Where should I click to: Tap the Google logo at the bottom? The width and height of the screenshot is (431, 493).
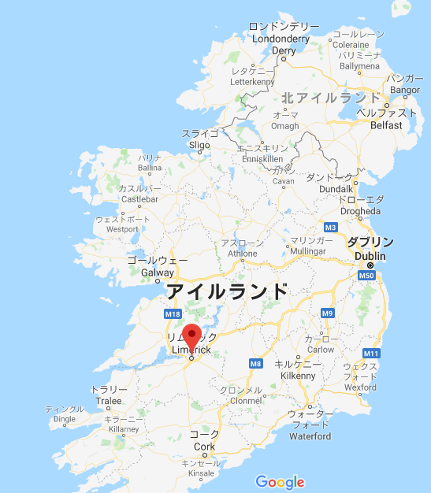(x=280, y=482)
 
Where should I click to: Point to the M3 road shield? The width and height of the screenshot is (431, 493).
(x=331, y=228)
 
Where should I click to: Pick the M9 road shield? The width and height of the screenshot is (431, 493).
(x=328, y=313)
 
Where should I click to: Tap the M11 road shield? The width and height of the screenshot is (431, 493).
(x=372, y=354)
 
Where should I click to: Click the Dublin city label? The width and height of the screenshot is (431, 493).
(x=370, y=255)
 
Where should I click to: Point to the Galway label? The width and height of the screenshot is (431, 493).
(x=157, y=272)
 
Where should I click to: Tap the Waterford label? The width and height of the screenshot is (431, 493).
(x=309, y=436)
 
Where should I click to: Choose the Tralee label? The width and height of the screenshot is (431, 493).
(x=108, y=401)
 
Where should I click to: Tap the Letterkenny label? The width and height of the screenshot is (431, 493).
(x=251, y=81)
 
